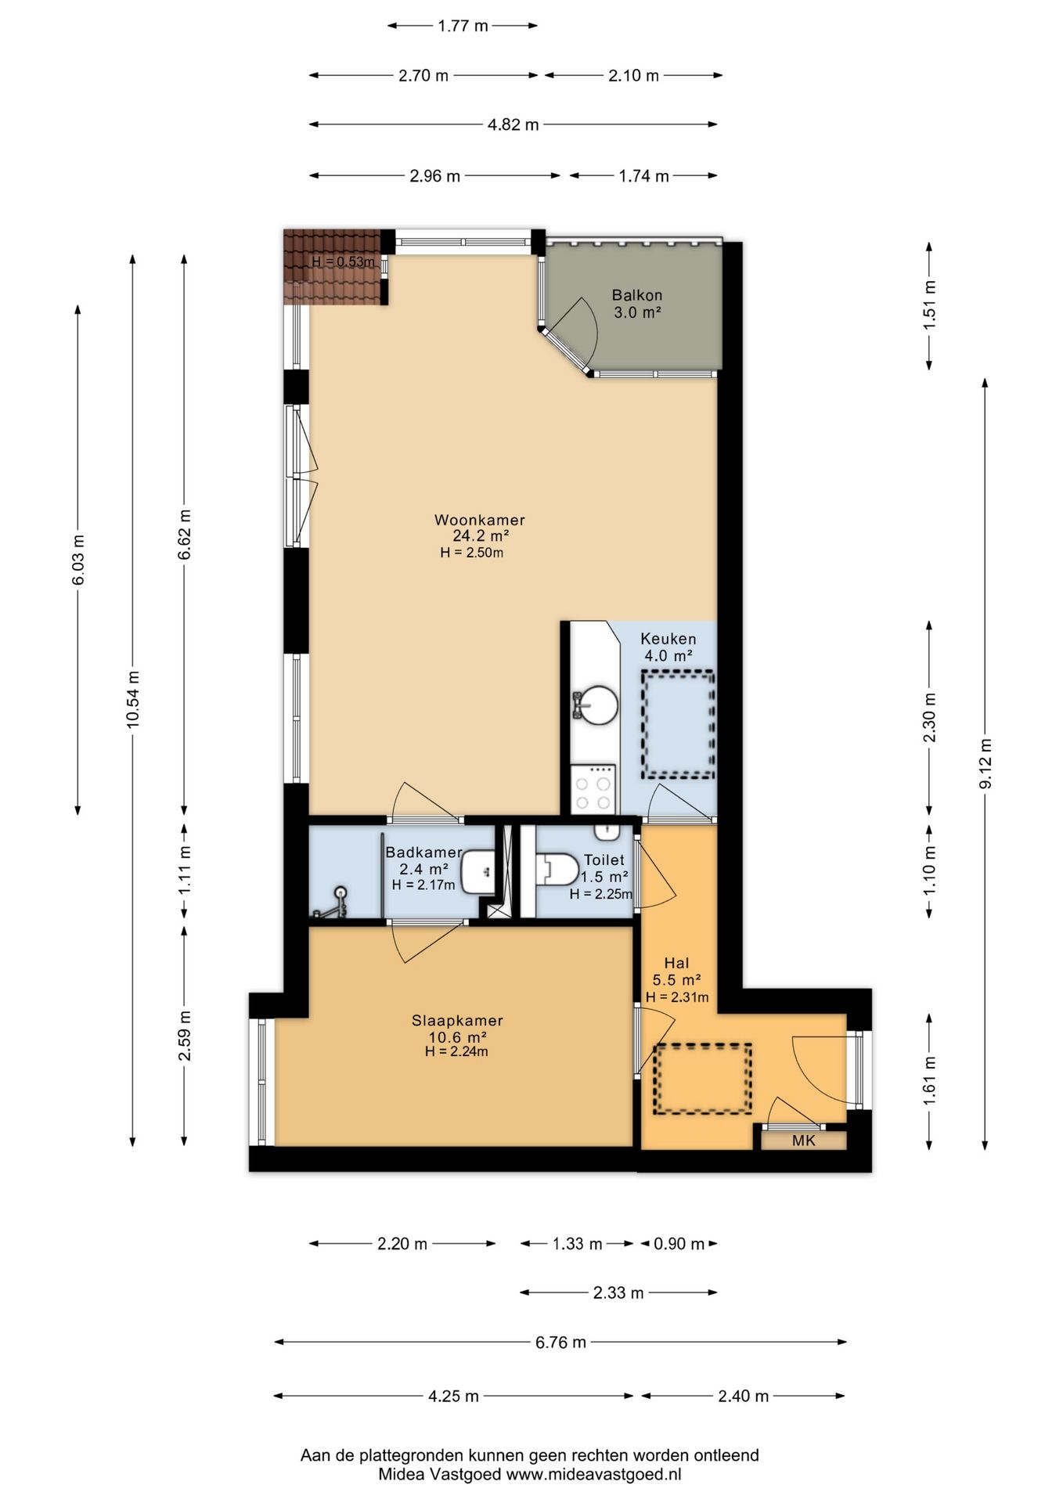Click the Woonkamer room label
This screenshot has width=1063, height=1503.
pos(479,520)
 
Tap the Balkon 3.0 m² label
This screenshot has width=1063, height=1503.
pos(637,304)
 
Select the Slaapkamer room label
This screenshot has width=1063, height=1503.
pos(457,1021)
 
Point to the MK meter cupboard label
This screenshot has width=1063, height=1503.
pos(804,1141)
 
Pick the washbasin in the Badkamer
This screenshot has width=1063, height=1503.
pos(477,871)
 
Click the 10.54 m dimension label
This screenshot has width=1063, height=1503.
pos(133,699)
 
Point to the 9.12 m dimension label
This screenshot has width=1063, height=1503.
pos(986,764)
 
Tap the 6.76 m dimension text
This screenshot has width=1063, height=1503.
pos(560,1342)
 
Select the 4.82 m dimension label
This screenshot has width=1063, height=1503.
pos(513,124)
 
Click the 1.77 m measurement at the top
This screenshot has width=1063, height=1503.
pos(463,26)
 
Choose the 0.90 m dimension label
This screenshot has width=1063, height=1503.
pos(679,1244)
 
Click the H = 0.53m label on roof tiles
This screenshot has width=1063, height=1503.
pos(343,261)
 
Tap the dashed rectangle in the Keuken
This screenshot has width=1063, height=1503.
pos(678,724)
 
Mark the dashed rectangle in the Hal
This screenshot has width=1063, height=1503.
pos(703,1079)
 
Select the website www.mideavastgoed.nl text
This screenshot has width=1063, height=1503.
pos(593,1474)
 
